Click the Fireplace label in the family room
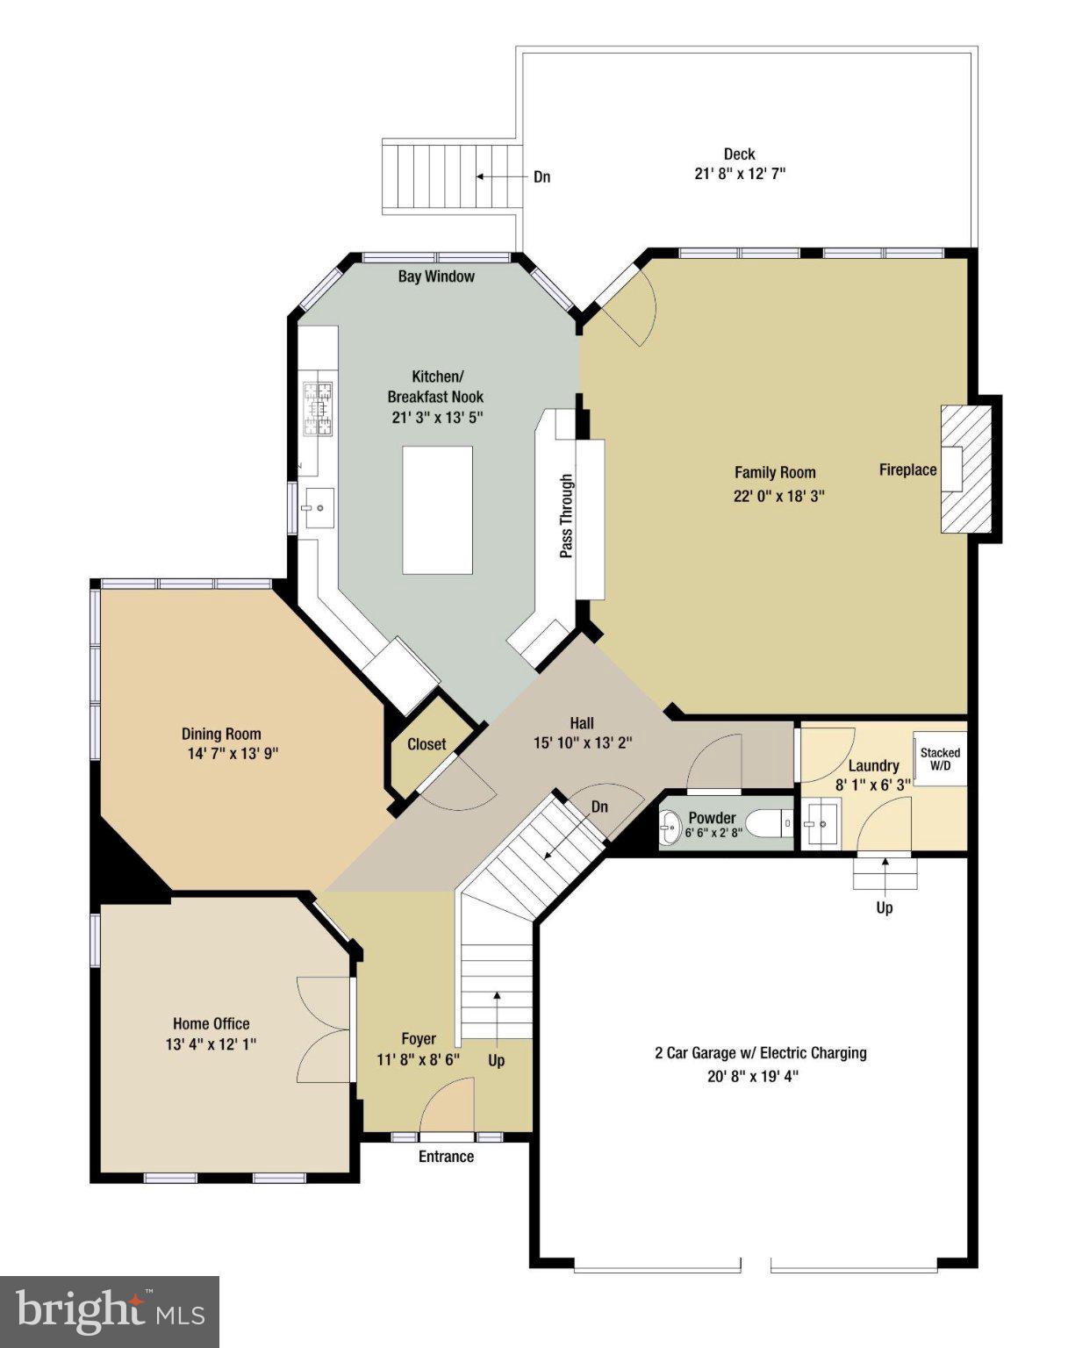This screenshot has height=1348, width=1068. coord(907,470)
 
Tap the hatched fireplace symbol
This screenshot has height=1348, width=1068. coord(965,469)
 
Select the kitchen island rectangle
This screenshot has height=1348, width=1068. coord(437,509)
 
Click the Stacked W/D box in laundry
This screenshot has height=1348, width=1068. coord(940,758)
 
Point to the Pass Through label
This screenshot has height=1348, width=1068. coord(567,516)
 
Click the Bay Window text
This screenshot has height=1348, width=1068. coord(436,276)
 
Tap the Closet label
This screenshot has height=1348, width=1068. coord(426,744)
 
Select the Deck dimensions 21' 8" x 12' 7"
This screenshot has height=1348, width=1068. coord(739,174)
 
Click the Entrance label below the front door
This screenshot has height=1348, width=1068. coord(446,1157)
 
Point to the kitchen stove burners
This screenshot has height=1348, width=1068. coord(319,410)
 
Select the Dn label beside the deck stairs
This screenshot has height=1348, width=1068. coord(542,177)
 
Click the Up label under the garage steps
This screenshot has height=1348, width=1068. coord(885,907)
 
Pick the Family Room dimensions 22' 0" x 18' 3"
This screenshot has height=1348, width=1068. coord(778,496)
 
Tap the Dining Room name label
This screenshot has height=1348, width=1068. coord(221,734)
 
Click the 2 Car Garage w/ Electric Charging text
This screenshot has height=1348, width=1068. coord(760,1053)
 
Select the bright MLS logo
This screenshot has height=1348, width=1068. coord(110,1312)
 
